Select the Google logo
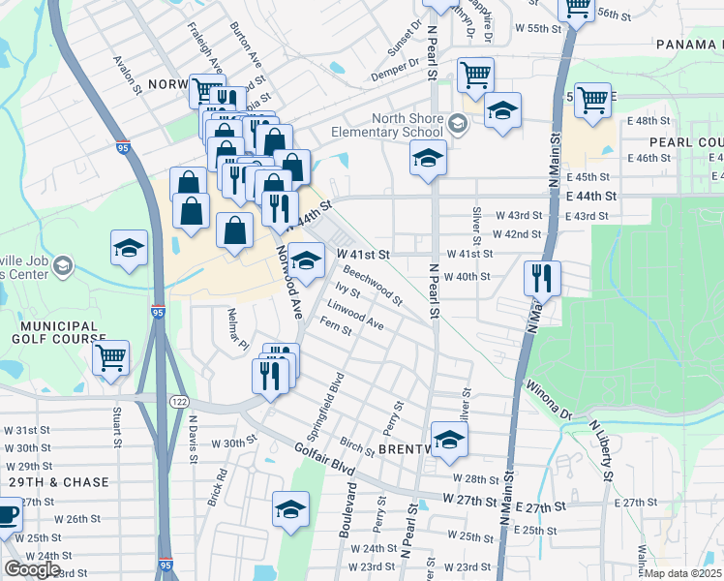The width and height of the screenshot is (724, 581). coord(32,569)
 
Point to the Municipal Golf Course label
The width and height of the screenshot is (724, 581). coord(54,333)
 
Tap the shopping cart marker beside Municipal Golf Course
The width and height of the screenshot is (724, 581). coord(110,356)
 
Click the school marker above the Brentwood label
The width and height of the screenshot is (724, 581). coord(449,440)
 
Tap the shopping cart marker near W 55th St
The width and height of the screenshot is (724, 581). coord(577,8)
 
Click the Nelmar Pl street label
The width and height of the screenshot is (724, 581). coord(237,329)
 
